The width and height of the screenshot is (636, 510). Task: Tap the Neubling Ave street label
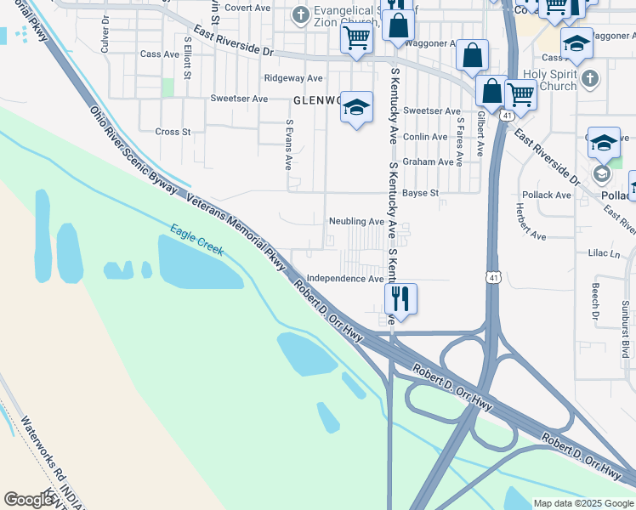357,221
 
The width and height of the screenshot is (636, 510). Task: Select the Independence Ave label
345,279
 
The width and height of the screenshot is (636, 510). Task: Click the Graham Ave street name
428,161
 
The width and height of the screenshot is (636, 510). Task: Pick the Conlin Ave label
425,137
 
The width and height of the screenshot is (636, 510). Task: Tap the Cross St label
173,132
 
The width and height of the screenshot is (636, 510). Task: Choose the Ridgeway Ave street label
290,77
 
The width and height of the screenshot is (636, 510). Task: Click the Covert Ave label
247,8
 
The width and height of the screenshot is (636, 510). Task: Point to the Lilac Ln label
605,253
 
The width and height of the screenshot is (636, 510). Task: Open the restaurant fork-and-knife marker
400,298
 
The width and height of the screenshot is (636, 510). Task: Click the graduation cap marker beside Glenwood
356,106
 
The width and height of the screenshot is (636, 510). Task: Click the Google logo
29,500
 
